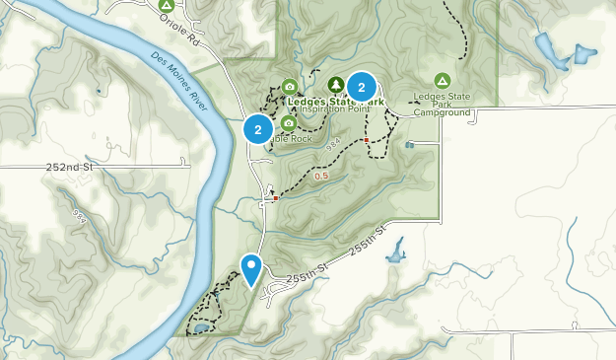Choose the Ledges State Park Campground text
point(442,107)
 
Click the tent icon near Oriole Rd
point(167,5)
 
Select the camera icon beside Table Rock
point(289,123)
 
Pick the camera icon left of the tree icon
point(289,86)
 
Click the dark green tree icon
point(336,85)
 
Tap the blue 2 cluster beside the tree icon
point(362,87)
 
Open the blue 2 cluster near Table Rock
point(258,129)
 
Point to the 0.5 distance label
point(321,177)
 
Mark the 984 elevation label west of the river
point(79,214)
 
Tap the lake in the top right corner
point(548,51)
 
